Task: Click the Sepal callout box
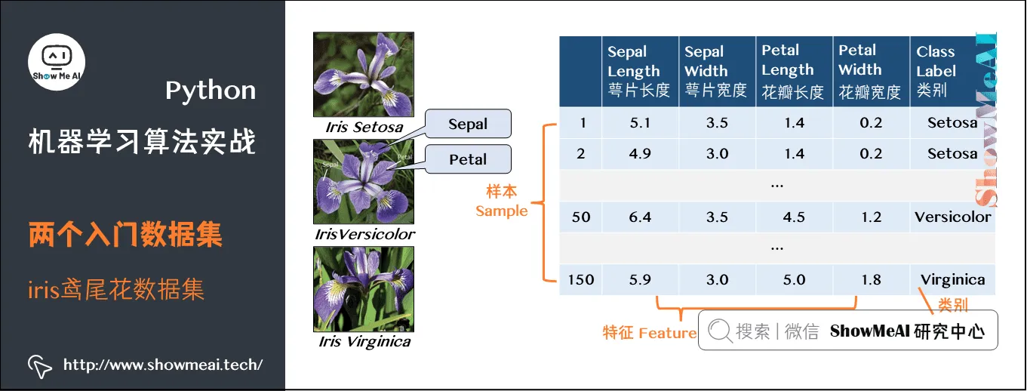(x=468, y=124)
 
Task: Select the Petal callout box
(x=468, y=159)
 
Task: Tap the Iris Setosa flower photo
(x=363, y=74)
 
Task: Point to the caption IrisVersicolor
(x=364, y=234)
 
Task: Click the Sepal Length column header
(x=640, y=71)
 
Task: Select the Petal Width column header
(x=870, y=71)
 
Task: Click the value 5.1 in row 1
(x=640, y=122)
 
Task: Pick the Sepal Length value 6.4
(x=640, y=217)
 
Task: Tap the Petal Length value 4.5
(x=794, y=217)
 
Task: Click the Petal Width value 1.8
(x=871, y=279)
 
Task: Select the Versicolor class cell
(x=952, y=217)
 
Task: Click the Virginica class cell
(x=952, y=279)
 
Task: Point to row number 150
(x=580, y=279)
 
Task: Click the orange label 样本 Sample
(x=501, y=202)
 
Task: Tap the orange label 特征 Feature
(x=649, y=332)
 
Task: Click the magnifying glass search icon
(x=720, y=331)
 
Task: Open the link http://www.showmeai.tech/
(x=162, y=365)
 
